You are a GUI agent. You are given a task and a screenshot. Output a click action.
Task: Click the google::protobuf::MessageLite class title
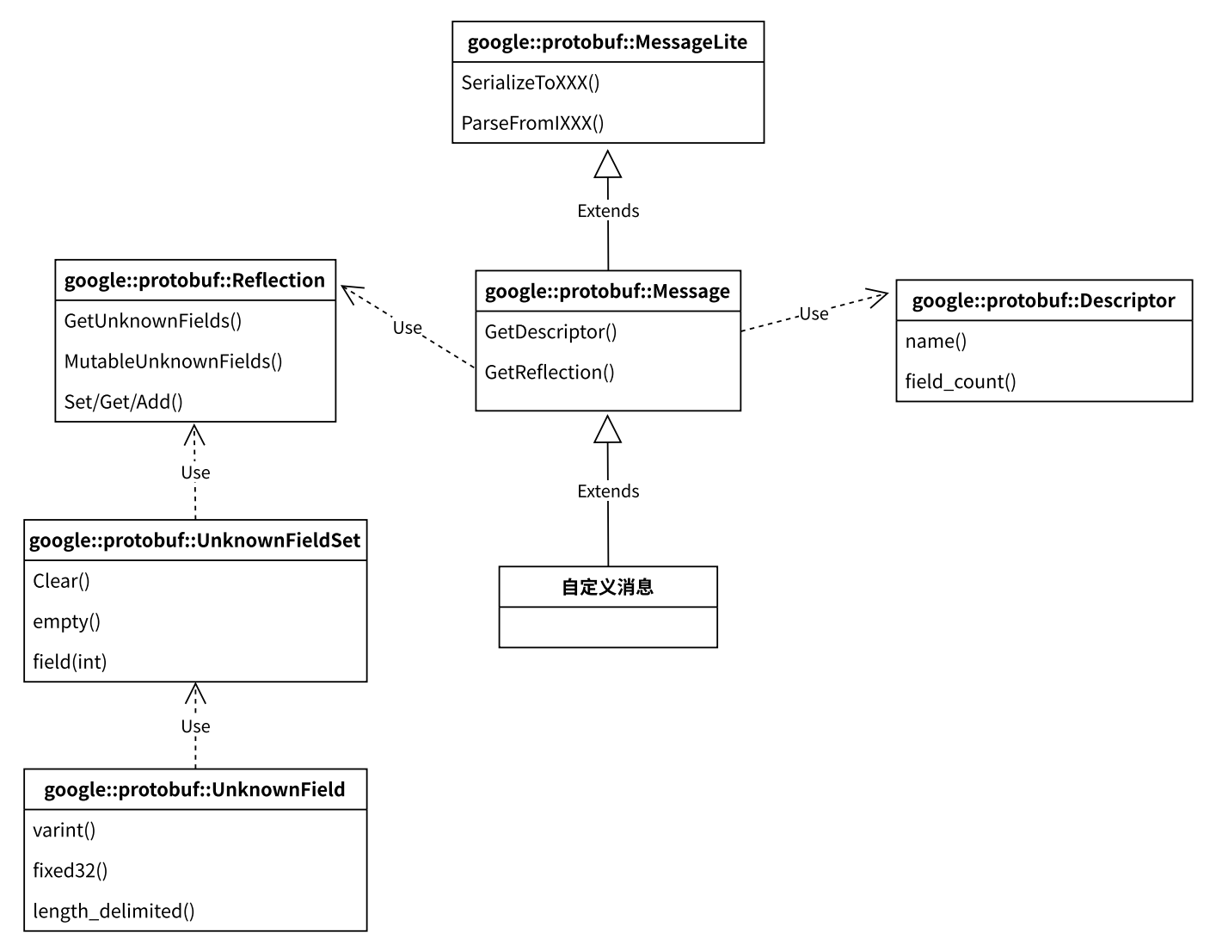(607, 42)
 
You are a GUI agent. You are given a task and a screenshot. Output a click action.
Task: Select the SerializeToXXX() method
(530, 83)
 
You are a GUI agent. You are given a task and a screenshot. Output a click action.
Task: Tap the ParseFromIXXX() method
(532, 123)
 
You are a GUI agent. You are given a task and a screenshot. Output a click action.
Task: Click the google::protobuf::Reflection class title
(194, 281)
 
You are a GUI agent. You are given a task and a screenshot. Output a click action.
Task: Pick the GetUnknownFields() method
(152, 321)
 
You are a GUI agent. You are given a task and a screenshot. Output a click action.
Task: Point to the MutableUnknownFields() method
(173, 361)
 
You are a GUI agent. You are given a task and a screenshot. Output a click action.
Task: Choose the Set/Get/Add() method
(123, 402)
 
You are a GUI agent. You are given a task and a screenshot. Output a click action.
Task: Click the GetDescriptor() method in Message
(550, 332)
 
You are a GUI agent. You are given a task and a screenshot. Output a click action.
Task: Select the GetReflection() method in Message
(550, 372)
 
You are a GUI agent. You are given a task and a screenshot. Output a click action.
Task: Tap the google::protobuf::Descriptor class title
(1043, 301)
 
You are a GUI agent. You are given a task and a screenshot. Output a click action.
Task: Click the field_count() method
(961, 381)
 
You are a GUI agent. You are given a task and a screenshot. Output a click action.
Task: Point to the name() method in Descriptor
(936, 341)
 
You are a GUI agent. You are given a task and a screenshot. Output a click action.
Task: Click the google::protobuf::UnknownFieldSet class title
(195, 540)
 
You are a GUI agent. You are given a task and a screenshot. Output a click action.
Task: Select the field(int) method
(70, 662)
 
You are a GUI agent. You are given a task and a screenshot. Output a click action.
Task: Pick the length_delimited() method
(114, 911)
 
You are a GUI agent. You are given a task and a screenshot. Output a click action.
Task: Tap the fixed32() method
(71, 870)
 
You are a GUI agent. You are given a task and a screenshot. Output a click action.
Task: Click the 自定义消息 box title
(607, 587)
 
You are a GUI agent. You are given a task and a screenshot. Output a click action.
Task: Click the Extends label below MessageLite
(608, 211)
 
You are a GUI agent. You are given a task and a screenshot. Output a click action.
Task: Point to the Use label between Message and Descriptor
(814, 314)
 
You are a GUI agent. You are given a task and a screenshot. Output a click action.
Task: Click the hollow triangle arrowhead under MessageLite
(607, 165)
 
